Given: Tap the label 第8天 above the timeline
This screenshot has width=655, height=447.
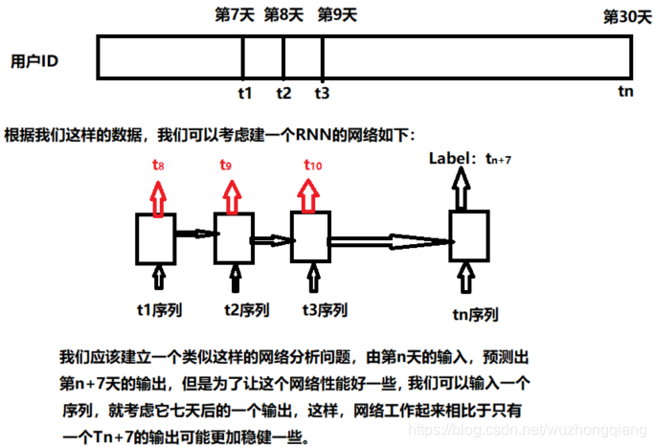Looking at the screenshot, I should click(283, 15).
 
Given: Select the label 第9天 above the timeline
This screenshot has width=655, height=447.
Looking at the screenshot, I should click(337, 15).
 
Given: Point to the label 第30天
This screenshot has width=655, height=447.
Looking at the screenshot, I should click(626, 17).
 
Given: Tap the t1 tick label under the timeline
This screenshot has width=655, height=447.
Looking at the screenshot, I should click(243, 93).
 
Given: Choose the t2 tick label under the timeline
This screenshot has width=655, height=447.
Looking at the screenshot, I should click(283, 93).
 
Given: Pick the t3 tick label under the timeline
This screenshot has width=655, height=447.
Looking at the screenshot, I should click(322, 93).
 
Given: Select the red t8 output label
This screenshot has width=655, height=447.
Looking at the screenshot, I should click(158, 165).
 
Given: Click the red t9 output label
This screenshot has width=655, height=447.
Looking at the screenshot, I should click(226, 165).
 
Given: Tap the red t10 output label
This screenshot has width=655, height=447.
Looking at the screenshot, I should click(313, 165).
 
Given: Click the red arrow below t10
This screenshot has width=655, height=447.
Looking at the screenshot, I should click(308, 194).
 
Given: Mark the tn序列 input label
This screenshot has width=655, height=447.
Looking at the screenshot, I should click(475, 313).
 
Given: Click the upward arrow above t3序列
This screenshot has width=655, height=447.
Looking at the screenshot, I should click(309, 279).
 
